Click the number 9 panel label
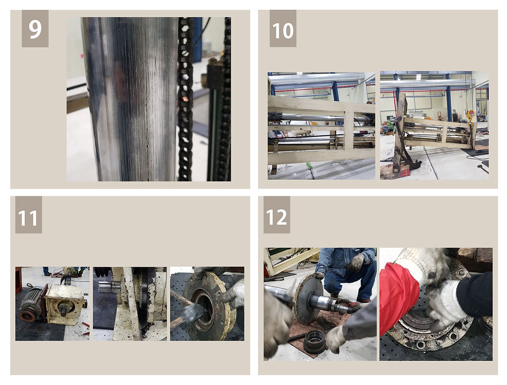pos(35,29)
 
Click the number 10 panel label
pos(283,29)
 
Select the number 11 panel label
pos(28,215)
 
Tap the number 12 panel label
pos(277,215)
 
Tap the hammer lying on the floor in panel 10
pos(483,168)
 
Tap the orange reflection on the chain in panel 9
pos(185,98)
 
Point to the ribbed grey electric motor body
pos(31,303)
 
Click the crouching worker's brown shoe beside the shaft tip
pos(363,301)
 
